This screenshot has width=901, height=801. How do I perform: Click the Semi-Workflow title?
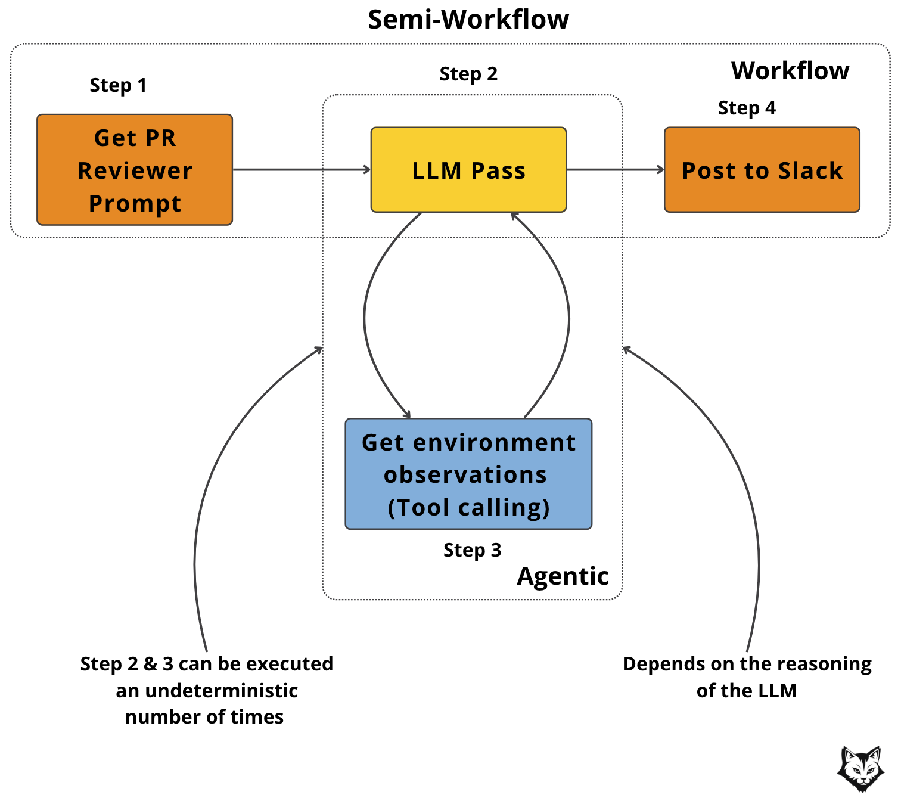point(468,20)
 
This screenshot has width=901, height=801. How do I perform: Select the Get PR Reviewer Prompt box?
point(135,170)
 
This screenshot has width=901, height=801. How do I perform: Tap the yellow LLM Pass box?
point(468,170)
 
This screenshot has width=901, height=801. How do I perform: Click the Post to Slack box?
point(762,170)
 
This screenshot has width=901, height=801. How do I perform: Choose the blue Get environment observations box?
point(468,474)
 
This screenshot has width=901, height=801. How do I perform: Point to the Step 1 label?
point(117,85)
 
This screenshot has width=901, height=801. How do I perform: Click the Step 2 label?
point(468,74)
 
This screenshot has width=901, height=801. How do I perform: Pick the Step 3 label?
point(472,550)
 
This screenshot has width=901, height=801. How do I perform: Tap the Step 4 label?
point(747,108)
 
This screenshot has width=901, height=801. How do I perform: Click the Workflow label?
point(790,71)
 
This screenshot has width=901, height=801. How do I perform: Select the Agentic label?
point(563,576)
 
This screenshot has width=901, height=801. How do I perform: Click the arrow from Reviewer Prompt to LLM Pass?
point(301,170)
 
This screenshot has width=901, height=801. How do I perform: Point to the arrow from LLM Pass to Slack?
point(615,170)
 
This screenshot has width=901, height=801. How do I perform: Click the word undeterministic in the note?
point(222,691)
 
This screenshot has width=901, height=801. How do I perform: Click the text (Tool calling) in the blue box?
point(468,508)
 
